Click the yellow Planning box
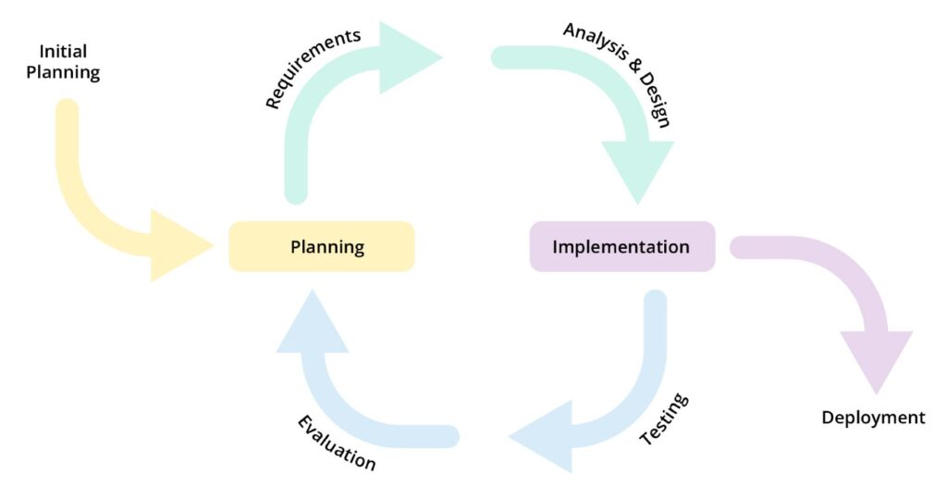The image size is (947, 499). pyautogui.click(x=322, y=246)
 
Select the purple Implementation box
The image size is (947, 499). pyautogui.click(x=621, y=246)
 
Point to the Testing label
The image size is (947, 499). pyautogui.click(x=664, y=419)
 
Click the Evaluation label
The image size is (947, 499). pyautogui.click(x=337, y=443)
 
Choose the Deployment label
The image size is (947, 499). pyautogui.click(x=873, y=418)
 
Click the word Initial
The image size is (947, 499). pyautogui.click(x=63, y=52)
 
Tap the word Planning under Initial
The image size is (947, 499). pyautogui.click(x=63, y=73)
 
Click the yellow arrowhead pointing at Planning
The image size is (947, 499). pyautogui.click(x=180, y=245)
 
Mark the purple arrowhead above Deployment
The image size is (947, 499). pyautogui.click(x=875, y=361)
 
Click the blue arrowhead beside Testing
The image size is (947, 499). pyautogui.click(x=541, y=436)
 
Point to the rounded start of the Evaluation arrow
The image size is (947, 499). pyautogui.click(x=448, y=436)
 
